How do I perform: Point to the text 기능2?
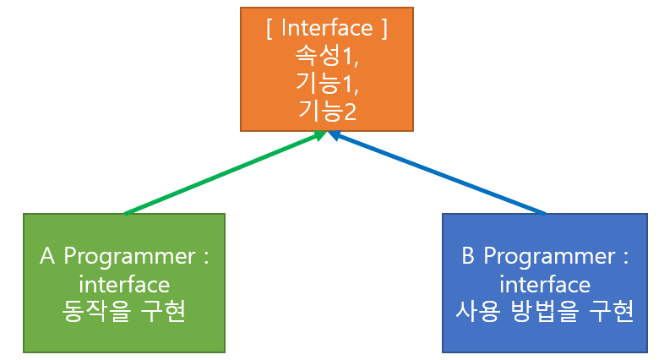326,109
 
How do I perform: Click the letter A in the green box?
48,256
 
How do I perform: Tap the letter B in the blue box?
469,256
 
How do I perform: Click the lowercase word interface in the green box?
124,283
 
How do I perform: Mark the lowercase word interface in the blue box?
545,283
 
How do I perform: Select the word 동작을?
97,312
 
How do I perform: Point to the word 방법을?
541,312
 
